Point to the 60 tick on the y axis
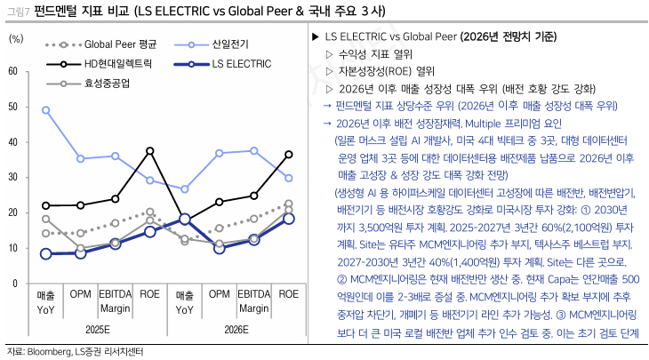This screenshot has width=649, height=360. coord(12,71)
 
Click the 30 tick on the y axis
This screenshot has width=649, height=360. coord(12,177)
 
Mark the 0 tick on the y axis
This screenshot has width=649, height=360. coord(14,283)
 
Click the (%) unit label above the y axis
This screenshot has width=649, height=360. coord(16,39)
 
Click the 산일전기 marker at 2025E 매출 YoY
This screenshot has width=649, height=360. coord(45,110)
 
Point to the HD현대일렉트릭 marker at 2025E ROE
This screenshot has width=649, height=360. coord(149,150)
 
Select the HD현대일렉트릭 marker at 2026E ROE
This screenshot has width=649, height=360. coord(288,154)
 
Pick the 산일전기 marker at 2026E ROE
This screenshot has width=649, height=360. coord(288,178)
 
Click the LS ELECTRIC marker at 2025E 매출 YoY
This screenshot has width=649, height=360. coord(45,253)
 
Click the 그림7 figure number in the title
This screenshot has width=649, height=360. coord(15,12)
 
